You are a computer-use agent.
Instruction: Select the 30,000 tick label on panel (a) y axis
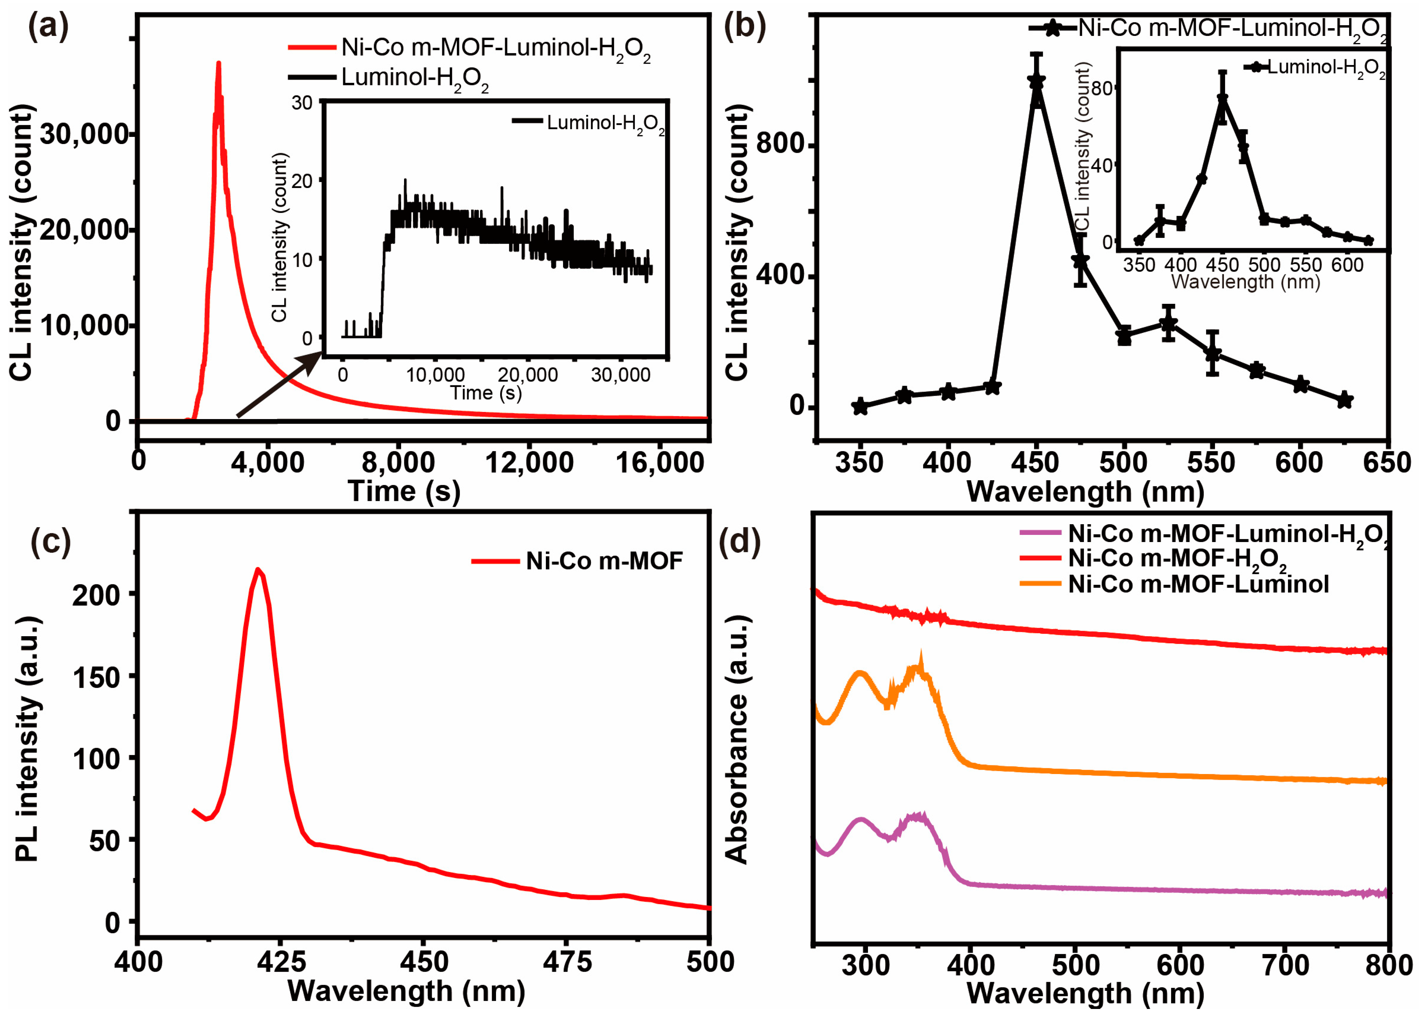pyautogui.click(x=85, y=135)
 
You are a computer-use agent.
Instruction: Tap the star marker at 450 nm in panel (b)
pyautogui.click(x=1036, y=82)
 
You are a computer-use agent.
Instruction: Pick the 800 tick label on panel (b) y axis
pyautogui.click(x=780, y=144)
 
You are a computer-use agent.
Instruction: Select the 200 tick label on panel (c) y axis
pyautogui.click(x=96, y=595)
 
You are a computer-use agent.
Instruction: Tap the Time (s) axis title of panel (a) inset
pyautogui.click(x=486, y=393)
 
